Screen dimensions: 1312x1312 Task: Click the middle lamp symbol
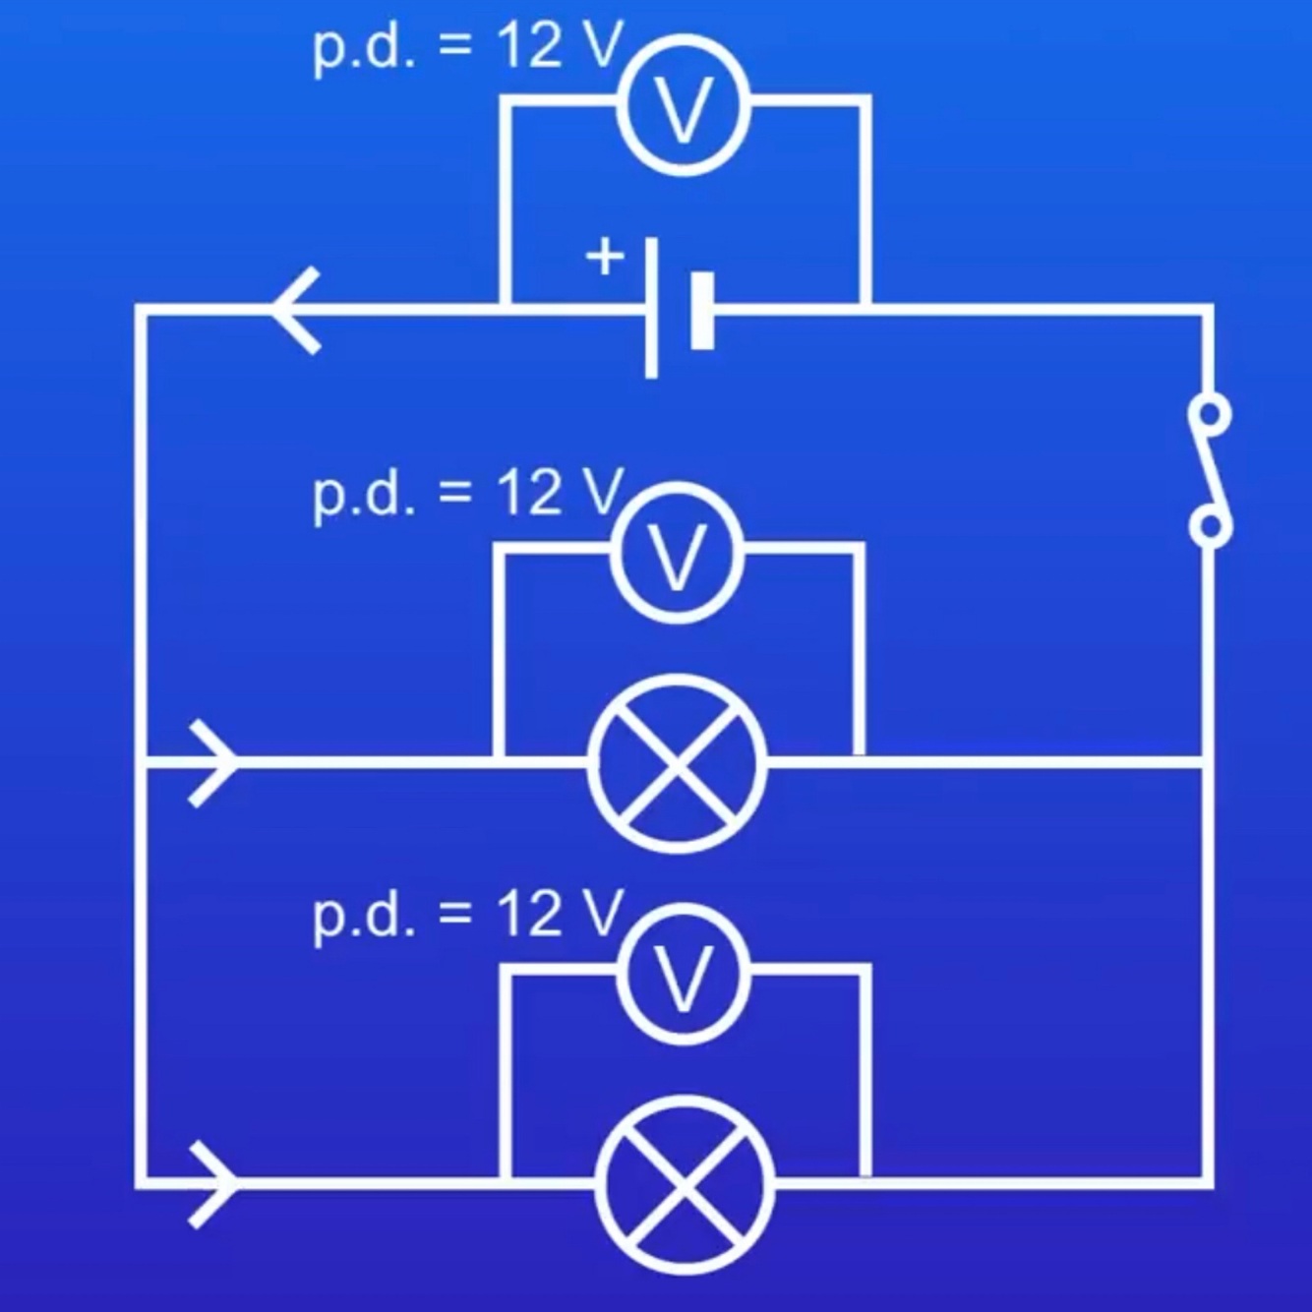(x=678, y=763)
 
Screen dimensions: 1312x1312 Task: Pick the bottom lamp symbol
(x=685, y=1183)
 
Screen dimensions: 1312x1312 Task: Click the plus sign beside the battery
(x=605, y=257)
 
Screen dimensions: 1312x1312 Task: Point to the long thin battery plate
(x=651, y=307)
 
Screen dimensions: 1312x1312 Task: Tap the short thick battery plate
(x=702, y=311)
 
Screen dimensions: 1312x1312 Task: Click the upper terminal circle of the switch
(x=1209, y=413)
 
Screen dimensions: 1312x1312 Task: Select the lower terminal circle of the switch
(x=1209, y=525)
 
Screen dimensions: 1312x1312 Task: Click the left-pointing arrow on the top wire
(x=296, y=310)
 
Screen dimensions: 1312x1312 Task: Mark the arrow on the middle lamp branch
(x=212, y=763)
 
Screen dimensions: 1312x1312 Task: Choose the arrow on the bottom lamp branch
(x=212, y=1184)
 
